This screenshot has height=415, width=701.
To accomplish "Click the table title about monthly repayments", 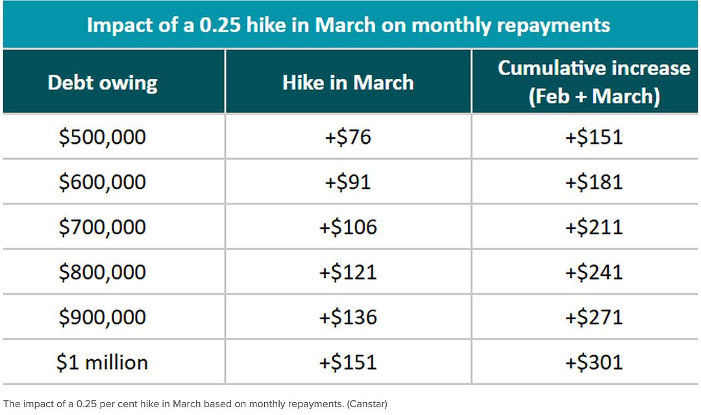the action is click(x=349, y=25).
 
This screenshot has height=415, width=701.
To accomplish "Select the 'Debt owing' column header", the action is click(x=103, y=83).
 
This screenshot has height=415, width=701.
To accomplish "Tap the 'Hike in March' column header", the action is click(x=349, y=82).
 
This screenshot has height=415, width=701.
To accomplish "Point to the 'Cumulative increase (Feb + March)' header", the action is click(x=594, y=82).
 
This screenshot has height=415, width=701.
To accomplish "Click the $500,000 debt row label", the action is click(x=103, y=137).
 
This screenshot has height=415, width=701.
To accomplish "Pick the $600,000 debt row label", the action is click(x=103, y=182).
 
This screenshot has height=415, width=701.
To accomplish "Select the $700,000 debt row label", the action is click(x=103, y=227).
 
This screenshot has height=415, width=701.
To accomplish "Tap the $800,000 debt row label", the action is click(x=103, y=272).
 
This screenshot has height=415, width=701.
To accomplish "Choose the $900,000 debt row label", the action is click(x=103, y=317).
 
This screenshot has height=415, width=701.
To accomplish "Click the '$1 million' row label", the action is click(x=103, y=362).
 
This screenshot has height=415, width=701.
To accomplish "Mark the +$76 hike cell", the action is click(x=349, y=137).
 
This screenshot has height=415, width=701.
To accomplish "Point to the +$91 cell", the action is click(x=349, y=182).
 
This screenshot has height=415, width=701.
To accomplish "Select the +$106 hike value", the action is click(x=349, y=227).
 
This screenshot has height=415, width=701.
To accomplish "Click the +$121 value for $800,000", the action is click(x=349, y=272).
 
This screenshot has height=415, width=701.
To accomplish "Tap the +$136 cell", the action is click(x=349, y=317).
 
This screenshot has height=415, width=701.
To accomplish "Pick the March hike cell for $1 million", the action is click(x=349, y=362).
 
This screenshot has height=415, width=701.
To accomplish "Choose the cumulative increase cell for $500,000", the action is click(x=594, y=137).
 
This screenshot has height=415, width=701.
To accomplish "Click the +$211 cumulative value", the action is click(x=594, y=227).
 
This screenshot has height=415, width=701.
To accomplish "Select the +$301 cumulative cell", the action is click(x=594, y=362).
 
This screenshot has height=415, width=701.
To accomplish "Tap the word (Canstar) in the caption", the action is click(x=367, y=404).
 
